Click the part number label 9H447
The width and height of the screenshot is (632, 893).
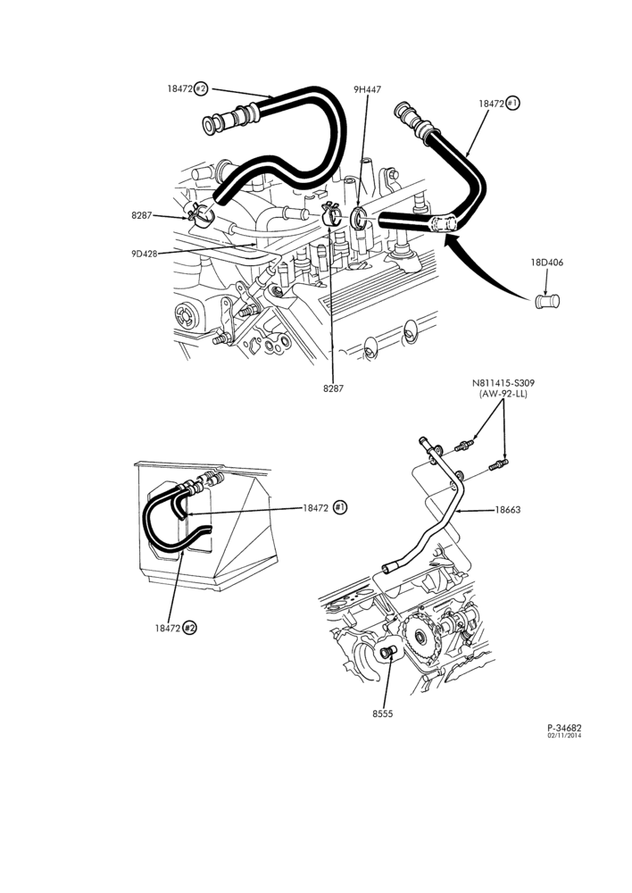point(367,89)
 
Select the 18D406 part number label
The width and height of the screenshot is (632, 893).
point(547,263)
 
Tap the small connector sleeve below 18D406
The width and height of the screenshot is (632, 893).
point(548,301)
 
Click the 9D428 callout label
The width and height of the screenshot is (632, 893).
point(144,254)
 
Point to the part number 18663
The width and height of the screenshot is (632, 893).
point(507,510)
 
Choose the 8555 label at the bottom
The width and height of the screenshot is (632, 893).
point(383,714)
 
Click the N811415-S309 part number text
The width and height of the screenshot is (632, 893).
point(503,383)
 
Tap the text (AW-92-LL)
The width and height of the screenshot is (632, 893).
point(503,394)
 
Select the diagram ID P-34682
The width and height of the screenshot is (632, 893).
point(565,727)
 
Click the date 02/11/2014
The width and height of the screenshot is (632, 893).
point(565,735)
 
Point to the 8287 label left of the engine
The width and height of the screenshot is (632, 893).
point(142,215)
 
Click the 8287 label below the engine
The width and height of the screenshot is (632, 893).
point(333,388)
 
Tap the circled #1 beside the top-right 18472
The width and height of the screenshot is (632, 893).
point(512,103)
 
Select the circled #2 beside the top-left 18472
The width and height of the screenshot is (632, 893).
point(201,88)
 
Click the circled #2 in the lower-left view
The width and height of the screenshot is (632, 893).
point(189,628)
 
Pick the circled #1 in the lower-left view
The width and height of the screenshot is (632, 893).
point(340,507)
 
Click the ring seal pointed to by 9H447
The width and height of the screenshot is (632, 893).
point(358,218)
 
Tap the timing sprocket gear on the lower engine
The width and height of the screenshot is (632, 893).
point(420,636)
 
